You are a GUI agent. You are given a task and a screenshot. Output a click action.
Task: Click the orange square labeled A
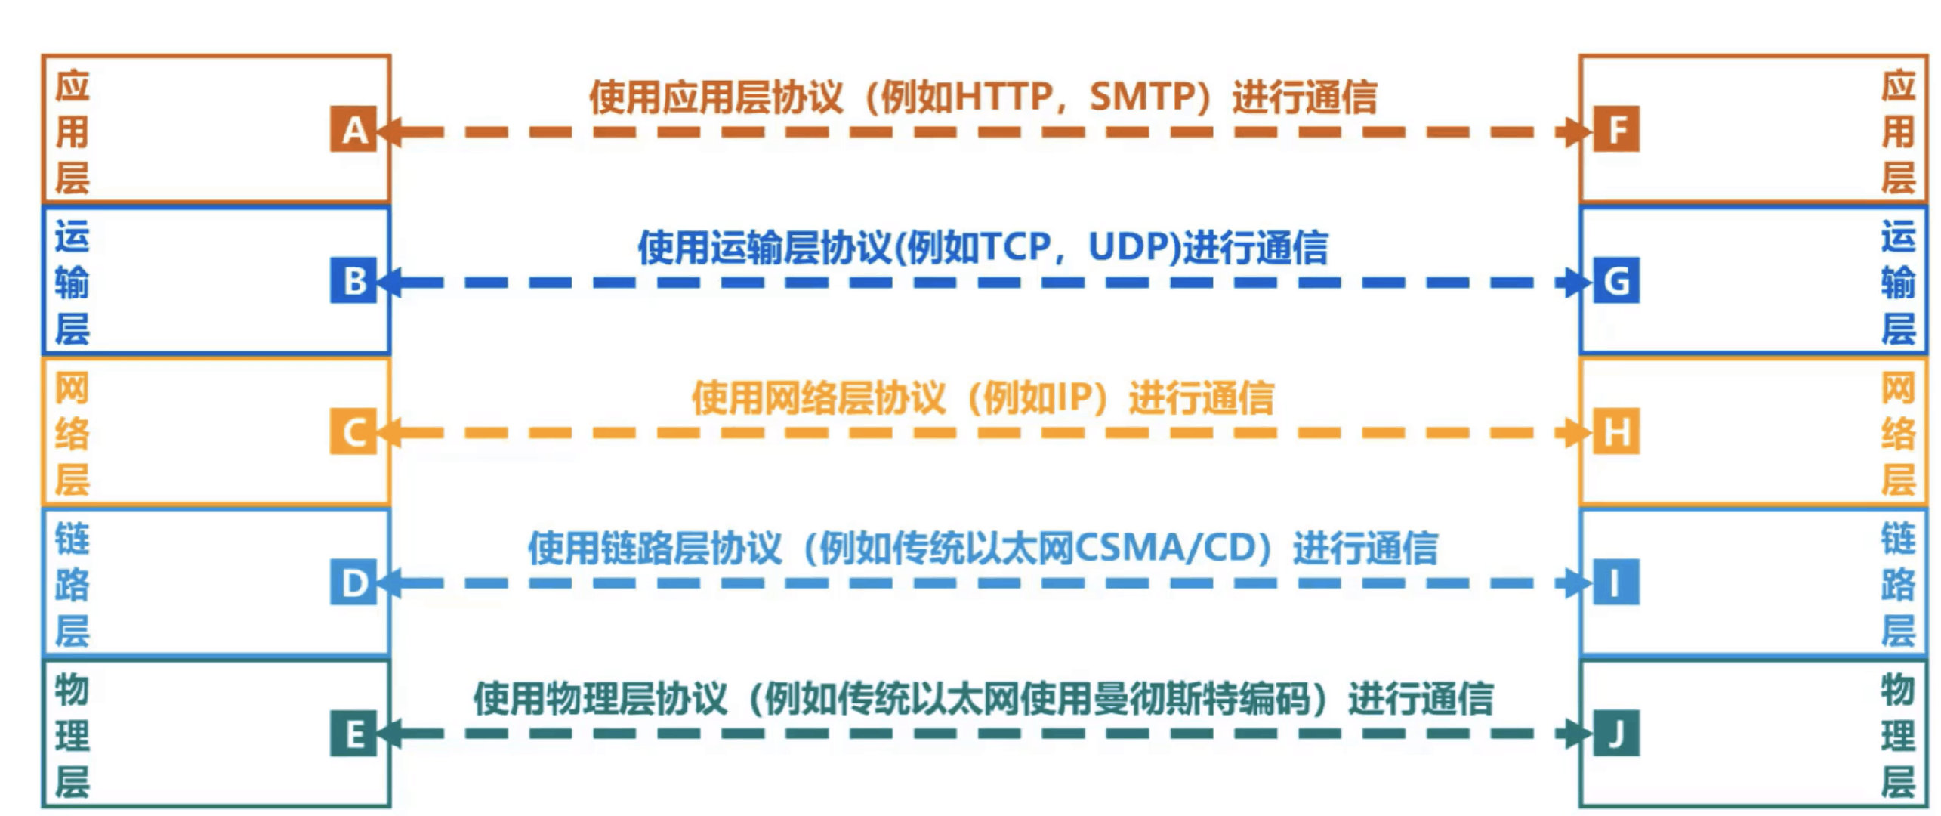click(353, 130)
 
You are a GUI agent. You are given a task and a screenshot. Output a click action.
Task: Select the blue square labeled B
click(353, 281)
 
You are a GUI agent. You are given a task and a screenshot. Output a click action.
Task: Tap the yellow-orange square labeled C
click(353, 431)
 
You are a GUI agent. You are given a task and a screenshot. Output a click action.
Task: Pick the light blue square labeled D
click(353, 583)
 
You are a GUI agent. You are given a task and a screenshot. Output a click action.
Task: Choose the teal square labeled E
click(353, 733)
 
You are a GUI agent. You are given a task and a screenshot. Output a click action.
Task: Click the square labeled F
click(1616, 130)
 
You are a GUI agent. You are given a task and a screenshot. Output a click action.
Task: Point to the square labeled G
click(1616, 281)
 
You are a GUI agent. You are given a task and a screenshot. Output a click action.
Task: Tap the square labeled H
click(1616, 431)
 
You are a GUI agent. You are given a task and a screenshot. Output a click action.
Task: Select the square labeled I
click(1616, 583)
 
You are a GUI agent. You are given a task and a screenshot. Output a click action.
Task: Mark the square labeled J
click(1616, 733)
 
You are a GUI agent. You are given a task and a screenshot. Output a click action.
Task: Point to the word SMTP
click(1140, 97)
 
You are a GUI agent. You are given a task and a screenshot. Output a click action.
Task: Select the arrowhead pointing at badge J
click(1578, 734)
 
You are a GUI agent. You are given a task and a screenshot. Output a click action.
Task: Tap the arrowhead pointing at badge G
click(1578, 283)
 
